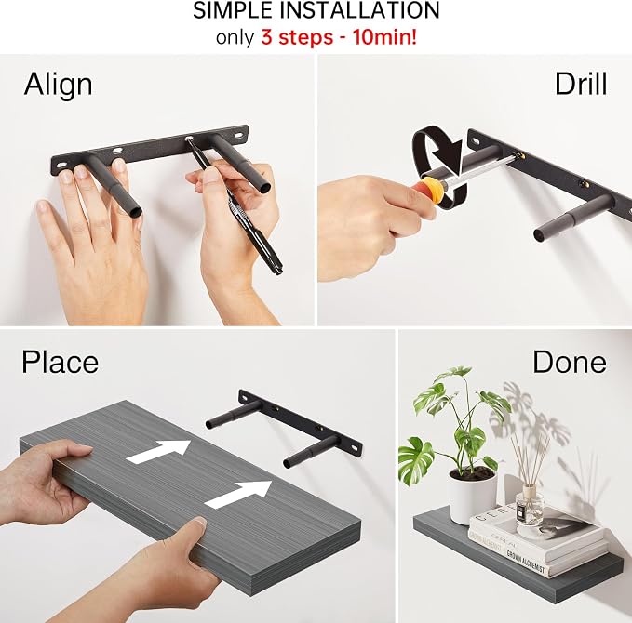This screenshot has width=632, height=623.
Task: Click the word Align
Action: tap(59, 85)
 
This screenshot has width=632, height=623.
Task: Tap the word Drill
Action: tap(581, 84)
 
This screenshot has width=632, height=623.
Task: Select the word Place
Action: tap(61, 362)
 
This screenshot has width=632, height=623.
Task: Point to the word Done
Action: tap(570, 362)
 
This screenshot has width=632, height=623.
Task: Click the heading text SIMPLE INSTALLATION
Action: tap(316, 11)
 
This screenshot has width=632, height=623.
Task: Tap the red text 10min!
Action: tap(385, 37)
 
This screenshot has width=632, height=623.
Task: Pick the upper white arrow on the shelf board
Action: tap(158, 451)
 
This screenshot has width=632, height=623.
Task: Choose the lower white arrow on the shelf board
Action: tap(238, 494)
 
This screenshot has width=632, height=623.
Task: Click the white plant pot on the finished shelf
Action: tap(473, 495)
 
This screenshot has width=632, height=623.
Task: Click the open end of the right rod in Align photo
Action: tap(265, 188)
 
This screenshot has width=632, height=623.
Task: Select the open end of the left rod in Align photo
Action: tap(137, 210)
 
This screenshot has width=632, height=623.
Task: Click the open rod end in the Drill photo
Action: tap(538, 234)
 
